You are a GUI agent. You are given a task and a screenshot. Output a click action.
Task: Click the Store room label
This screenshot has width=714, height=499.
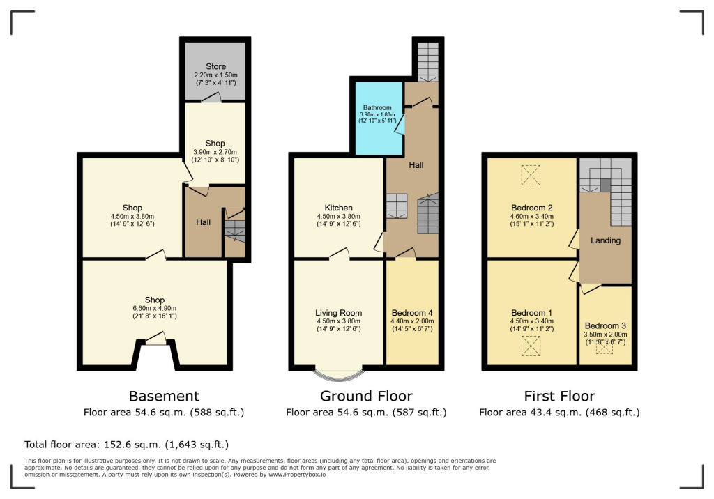(215, 67)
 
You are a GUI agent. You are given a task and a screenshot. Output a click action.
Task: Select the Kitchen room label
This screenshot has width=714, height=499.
(338, 208)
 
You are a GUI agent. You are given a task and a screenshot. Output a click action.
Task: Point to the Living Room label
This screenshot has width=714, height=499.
(338, 313)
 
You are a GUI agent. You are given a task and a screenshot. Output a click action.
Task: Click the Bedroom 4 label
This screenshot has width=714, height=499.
(412, 313)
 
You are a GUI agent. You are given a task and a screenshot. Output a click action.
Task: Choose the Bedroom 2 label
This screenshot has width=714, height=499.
(532, 208)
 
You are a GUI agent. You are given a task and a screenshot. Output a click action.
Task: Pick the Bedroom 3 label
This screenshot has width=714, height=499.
(605, 326)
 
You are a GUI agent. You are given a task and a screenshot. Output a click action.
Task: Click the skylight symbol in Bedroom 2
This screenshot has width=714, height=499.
(531, 174)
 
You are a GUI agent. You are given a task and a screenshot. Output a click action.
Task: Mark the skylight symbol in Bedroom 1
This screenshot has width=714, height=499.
(531, 346)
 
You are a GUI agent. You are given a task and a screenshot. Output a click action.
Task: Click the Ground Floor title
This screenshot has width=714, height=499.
(366, 397)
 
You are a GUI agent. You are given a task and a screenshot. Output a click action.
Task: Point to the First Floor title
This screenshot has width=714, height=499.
(559, 397)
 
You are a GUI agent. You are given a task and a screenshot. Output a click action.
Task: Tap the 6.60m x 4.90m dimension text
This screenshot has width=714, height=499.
(155, 309)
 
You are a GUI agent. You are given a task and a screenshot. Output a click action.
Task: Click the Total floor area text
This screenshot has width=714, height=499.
(126, 444)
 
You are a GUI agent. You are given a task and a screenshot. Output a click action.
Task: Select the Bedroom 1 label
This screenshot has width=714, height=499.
(531, 313)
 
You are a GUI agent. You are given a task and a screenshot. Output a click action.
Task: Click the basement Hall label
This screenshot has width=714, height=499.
(204, 222)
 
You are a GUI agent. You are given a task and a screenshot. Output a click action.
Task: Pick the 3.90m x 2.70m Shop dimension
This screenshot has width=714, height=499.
(215, 152)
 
